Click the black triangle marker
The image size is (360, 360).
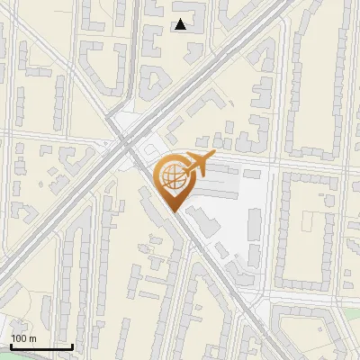(x=181, y=25)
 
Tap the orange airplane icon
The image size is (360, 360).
(x=197, y=165)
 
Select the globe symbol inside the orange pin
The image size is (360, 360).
(x=171, y=178)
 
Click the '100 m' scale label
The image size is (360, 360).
(x=23, y=338)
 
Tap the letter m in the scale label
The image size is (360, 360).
(x=32, y=338)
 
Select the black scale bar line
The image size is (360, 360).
(x=40, y=346)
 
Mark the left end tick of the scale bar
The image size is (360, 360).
(x=10, y=345)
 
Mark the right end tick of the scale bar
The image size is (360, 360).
(x=72, y=345)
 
